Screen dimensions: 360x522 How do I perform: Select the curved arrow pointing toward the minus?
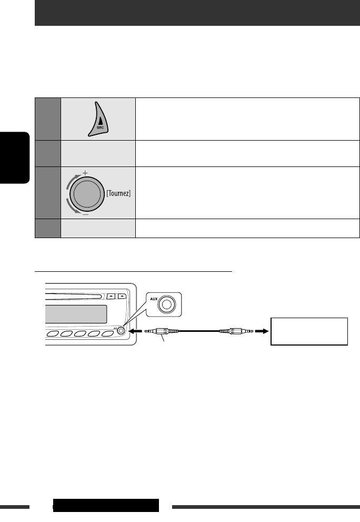(71, 206)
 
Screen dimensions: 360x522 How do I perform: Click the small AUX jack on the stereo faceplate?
(122, 331)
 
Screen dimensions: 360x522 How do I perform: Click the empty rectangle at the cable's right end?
(309, 331)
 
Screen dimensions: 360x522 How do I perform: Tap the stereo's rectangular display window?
(77, 315)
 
